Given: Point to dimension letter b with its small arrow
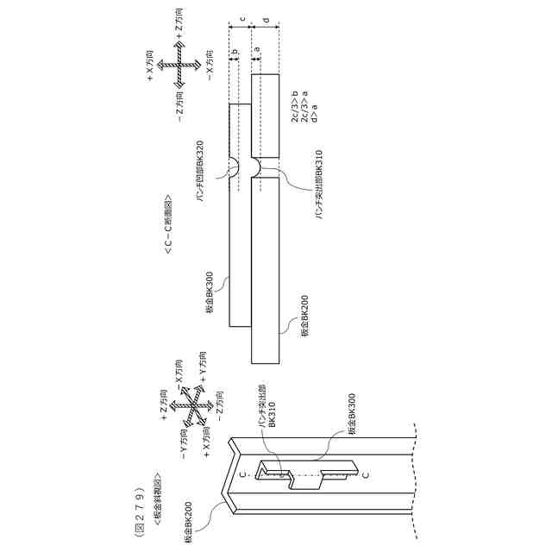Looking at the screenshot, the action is click(234, 53).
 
